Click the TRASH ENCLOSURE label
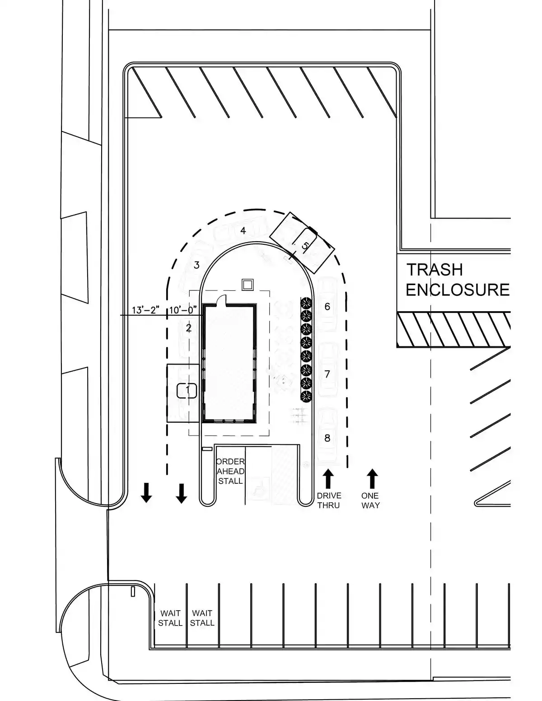click(x=457, y=280)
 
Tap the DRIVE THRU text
click(x=328, y=500)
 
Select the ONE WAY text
click(x=370, y=500)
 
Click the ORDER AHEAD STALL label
click(x=230, y=471)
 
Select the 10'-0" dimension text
click(x=183, y=310)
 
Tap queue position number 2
click(x=189, y=328)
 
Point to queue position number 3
click(x=196, y=265)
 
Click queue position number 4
click(x=243, y=231)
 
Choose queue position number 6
click(x=327, y=307)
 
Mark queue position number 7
click(x=327, y=374)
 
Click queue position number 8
click(x=327, y=438)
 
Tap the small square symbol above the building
click(x=248, y=285)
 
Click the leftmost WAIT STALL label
click(x=170, y=618)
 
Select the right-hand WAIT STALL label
click(x=202, y=618)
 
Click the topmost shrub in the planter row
click(x=307, y=302)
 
